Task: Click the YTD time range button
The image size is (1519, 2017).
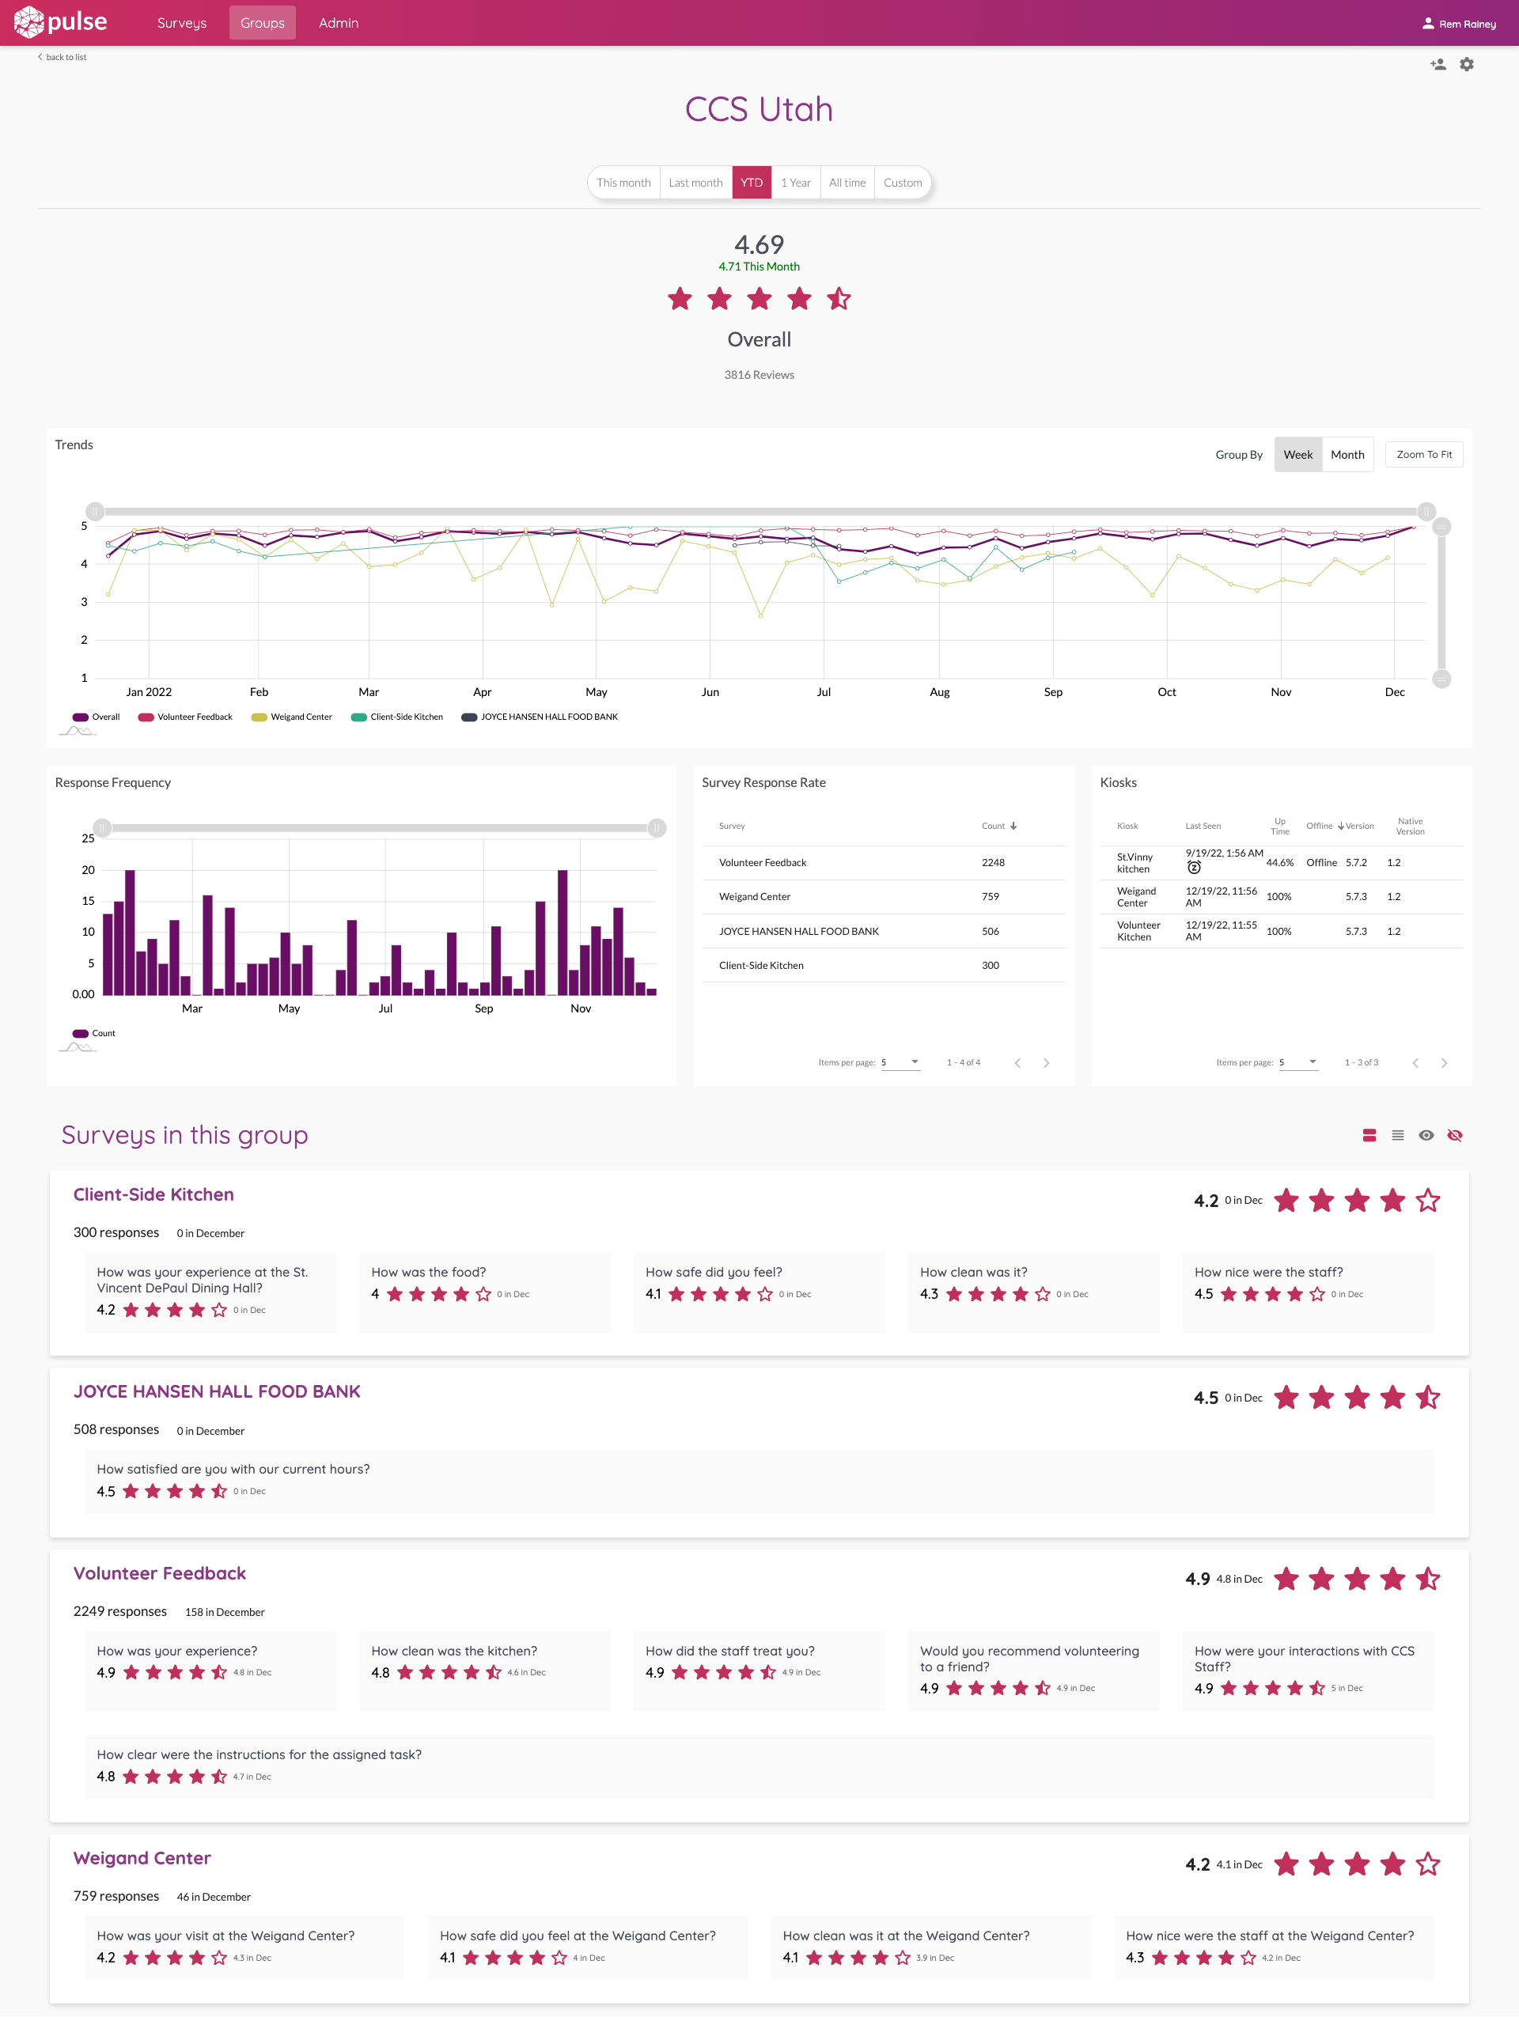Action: point(752,183)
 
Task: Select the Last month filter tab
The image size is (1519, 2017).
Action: point(695,183)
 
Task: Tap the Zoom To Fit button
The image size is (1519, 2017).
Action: point(1423,454)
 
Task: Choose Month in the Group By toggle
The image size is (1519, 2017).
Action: point(1347,454)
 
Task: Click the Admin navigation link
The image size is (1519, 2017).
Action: point(339,23)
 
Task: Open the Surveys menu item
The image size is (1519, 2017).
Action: point(181,23)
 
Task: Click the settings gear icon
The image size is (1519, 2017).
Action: point(1466,64)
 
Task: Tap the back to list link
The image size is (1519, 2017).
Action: point(64,56)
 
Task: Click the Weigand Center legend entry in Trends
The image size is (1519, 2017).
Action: point(293,717)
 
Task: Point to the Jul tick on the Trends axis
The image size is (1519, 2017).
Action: point(824,692)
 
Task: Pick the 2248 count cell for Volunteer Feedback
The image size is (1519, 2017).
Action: point(993,863)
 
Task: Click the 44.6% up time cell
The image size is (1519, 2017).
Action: point(1279,863)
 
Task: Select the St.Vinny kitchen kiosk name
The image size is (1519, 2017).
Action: point(1135,863)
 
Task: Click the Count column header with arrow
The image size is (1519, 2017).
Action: point(998,826)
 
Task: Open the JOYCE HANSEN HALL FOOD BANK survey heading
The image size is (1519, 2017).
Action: point(217,1391)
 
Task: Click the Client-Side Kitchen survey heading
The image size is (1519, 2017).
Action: point(153,1194)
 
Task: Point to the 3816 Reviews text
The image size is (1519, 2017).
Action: point(759,375)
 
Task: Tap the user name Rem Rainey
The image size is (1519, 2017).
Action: point(1466,24)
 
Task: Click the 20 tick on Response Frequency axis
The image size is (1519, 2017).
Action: point(88,870)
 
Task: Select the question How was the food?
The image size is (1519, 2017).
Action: point(429,1272)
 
